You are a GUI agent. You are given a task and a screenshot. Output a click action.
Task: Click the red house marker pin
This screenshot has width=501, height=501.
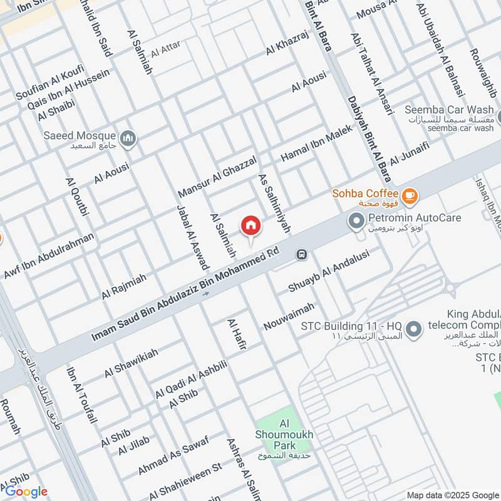coord(250,225)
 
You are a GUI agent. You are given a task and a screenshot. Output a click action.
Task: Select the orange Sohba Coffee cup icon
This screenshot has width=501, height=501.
coord(410,197)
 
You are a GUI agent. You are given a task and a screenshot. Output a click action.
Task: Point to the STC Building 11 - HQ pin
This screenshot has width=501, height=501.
coord(413,328)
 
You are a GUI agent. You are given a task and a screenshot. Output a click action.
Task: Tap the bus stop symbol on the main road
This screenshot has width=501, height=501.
coord(302,254)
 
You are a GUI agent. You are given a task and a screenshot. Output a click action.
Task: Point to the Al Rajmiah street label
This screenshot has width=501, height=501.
coord(124,286)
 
